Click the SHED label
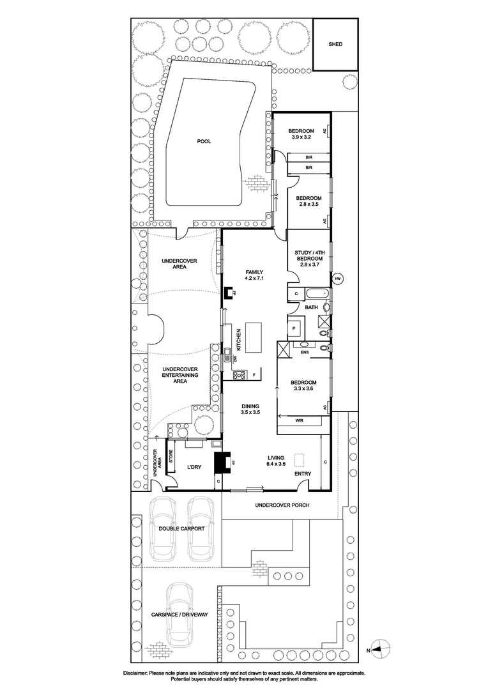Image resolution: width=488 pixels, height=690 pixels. click(335, 44)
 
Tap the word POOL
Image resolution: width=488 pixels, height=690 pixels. click(204, 142)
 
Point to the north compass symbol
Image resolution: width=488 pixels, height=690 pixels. click(379, 649)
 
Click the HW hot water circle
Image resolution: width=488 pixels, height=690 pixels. click(338, 279)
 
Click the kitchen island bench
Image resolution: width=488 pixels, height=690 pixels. click(254, 337)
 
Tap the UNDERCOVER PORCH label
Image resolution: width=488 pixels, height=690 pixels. click(282, 505)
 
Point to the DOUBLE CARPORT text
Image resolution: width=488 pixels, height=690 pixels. click(182, 529)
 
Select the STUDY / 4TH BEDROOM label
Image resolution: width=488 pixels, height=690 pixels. click(309, 259)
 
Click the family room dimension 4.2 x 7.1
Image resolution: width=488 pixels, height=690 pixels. click(254, 279)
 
